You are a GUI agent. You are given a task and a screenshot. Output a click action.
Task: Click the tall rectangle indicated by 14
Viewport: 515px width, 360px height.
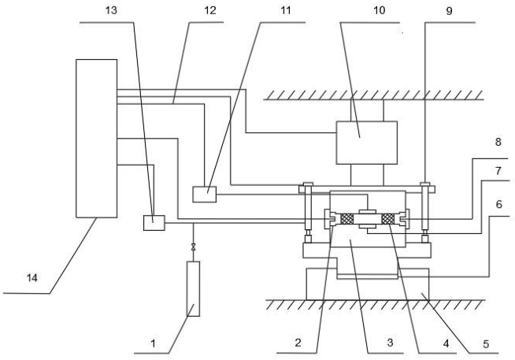[95, 137]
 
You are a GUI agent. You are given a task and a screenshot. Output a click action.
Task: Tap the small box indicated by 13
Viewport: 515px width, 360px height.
[154, 223]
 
